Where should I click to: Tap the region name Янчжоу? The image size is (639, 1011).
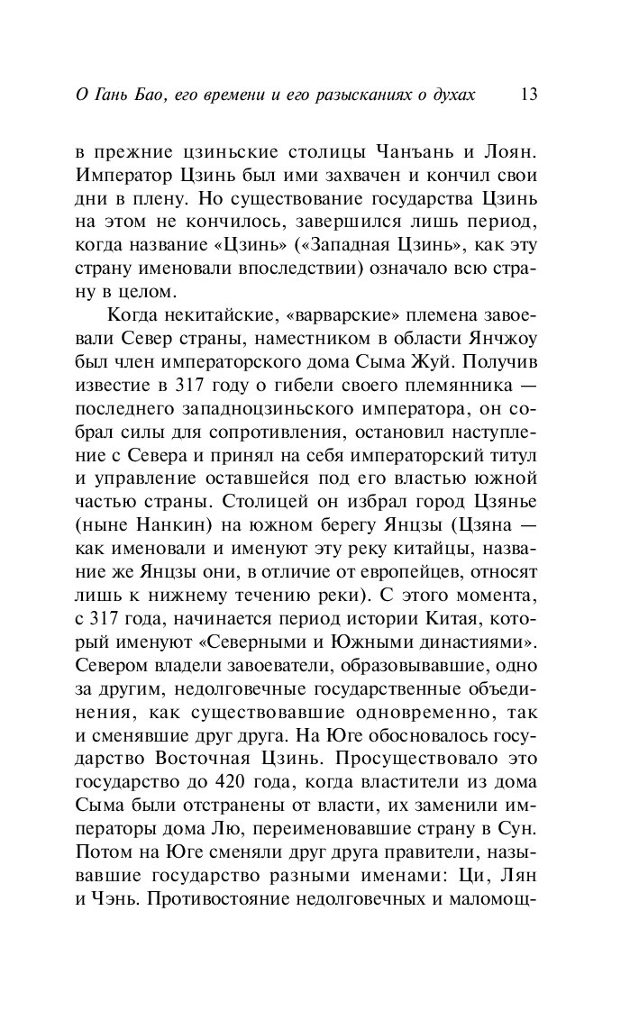click(x=501, y=338)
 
